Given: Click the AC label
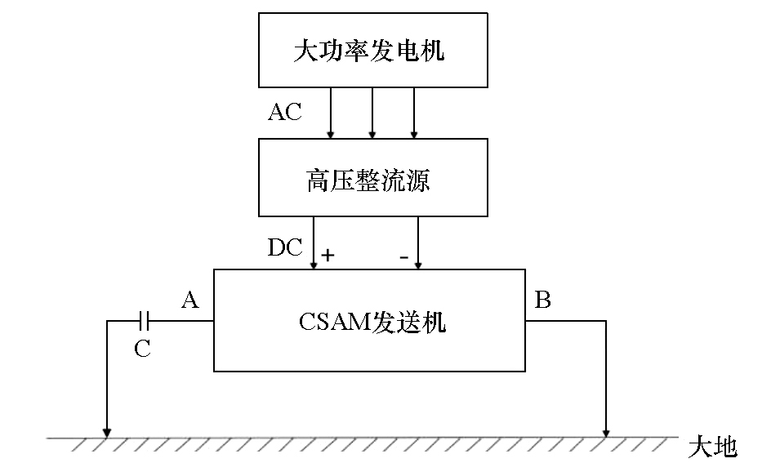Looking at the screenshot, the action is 285,112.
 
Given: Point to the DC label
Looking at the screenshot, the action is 285,247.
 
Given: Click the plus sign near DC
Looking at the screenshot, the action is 328,255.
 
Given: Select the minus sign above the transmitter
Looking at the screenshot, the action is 404,257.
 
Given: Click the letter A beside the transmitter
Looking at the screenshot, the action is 190,300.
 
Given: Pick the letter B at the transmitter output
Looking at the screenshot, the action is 543,300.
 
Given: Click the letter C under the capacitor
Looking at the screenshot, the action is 142,349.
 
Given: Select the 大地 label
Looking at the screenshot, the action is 713,447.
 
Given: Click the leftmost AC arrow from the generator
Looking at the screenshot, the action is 331,113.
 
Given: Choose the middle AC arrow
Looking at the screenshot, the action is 372,113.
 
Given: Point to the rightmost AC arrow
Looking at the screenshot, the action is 414,113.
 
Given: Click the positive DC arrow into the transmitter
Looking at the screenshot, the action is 314,243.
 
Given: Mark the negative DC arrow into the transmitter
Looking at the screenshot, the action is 418,243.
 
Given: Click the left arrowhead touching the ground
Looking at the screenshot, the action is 107,433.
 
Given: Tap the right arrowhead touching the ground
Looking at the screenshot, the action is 606,433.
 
